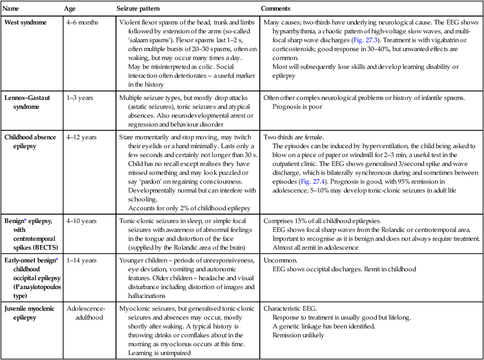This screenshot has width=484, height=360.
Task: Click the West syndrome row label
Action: [x=26, y=22]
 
